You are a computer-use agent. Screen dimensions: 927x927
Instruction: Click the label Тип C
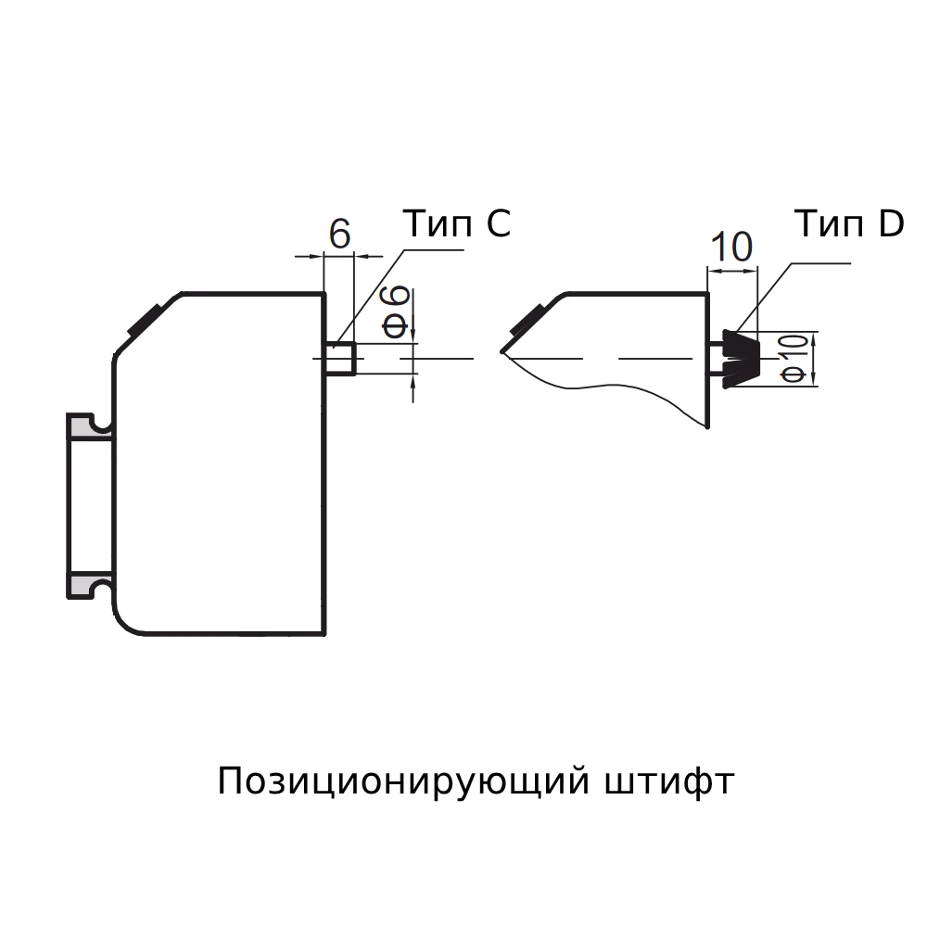pos(456,223)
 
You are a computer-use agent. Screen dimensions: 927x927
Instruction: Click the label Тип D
pos(848,223)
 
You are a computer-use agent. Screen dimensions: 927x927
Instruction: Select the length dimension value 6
pos(339,235)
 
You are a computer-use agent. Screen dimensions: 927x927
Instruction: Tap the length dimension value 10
pos(730,248)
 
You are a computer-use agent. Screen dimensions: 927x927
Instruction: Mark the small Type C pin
pos(340,359)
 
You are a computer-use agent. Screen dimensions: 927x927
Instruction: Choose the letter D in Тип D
pos(890,223)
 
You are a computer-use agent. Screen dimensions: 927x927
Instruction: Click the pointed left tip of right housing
pos(502,350)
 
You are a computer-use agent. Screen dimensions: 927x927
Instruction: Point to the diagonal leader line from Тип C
pos(371,296)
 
